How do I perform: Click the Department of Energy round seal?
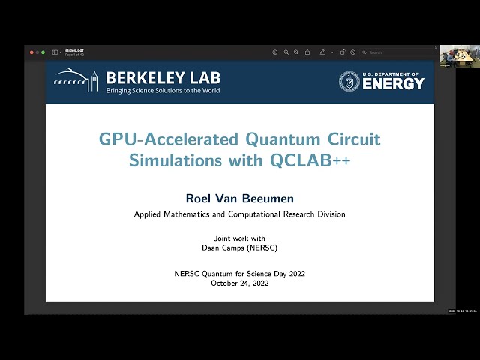(x=349, y=81)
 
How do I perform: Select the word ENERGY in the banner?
(x=394, y=83)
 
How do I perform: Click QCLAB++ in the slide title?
(x=315, y=160)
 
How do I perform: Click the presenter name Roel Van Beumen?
(x=239, y=198)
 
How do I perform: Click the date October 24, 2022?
(x=239, y=283)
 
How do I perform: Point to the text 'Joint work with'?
(x=239, y=238)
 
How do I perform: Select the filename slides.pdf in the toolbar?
(x=74, y=51)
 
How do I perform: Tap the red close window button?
(x=31, y=52)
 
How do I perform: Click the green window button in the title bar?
(x=43, y=52)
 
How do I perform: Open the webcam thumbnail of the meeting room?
(x=459, y=56)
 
